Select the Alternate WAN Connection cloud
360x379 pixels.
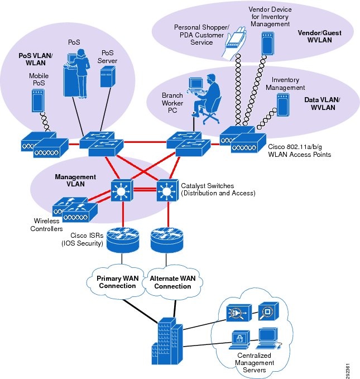pos(172,281)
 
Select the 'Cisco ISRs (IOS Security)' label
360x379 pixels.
pos(84,238)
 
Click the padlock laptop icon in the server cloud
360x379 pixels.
pos(238,339)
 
